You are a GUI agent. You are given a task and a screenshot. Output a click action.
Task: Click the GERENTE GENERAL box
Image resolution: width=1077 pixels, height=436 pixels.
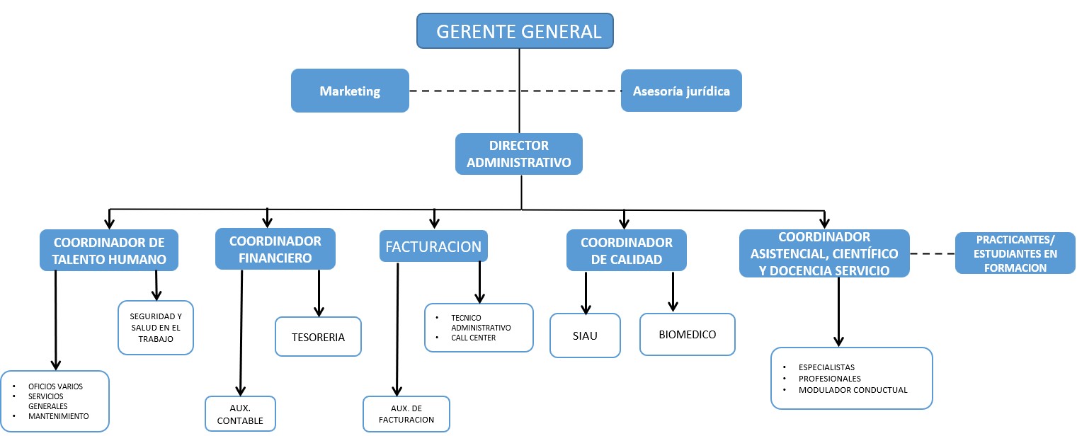pyautogui.click(x=515, y=31)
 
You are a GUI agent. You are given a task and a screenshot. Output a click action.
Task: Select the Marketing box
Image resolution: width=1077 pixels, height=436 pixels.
pyautogui.click(x=350, y=91)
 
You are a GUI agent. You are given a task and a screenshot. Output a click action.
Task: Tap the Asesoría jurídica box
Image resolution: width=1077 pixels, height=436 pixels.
pyautogui.click(x=681, y=91)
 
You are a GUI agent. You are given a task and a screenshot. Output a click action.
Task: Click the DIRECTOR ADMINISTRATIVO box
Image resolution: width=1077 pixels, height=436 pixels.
pyautogui.click(x=519, y=154)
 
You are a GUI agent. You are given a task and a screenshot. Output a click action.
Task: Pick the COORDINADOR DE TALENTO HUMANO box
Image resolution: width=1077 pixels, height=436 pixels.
pyautogui.click(x=108, y=250)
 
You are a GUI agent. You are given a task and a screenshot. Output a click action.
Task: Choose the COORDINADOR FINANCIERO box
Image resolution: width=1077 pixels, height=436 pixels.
pyautogui.click(x=275, y=249)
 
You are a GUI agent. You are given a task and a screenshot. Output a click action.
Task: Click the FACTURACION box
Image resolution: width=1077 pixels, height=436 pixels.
pyautogui.click(x=433, y=246)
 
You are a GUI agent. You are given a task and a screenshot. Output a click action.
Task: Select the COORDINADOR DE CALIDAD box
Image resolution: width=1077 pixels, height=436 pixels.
pyautogui.click(x=626, y=251)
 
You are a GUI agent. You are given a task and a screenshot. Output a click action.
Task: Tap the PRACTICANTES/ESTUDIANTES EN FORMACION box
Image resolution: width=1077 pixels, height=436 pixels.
pyautogui.click(x=1015, y=253)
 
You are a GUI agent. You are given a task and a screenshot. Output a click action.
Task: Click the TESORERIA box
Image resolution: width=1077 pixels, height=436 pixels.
pyautogui.click(x=318, y=337)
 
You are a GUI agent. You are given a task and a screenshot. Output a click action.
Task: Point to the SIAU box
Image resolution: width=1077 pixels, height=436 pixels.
pyautogui.click(x=585, y=335)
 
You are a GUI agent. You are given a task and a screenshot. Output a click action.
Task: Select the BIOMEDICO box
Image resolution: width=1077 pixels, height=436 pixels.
pyautogui.click(x=688, y=334)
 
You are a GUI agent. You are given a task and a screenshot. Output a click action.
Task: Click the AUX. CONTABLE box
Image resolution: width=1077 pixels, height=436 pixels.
pyautogui.click(x=240, y=414)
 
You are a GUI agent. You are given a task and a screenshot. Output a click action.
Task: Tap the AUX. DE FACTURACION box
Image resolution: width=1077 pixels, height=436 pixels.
pyautogui.click(x=406, y=414)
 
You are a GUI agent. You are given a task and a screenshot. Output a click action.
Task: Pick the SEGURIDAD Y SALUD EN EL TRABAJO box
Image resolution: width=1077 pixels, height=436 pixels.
pyautogui.click(x=156, y=328)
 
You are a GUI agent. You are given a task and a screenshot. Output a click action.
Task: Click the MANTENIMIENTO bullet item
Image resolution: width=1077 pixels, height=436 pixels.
pyautogui.click(x=58, y=416)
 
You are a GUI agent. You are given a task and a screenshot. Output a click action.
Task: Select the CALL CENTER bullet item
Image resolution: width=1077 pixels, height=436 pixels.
pyautogui.click(x=473, y=338)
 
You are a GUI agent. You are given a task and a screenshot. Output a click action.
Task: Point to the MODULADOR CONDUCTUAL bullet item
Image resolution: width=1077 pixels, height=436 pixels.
pyautogui.click(x=853, y=390)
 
